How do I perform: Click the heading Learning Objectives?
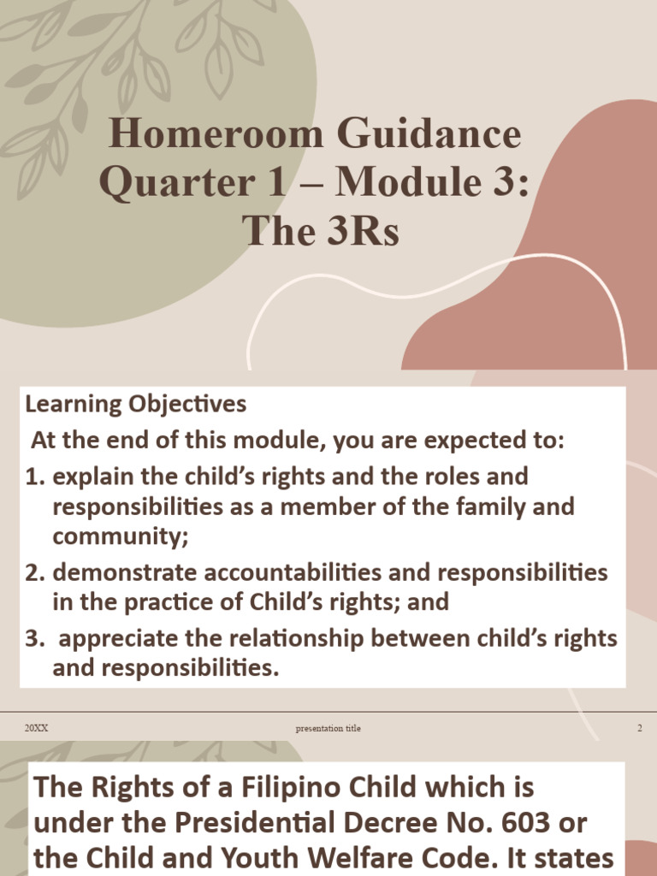click(135, 403)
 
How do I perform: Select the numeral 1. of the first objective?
click(35, 476)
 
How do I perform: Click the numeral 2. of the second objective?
click(35, 571)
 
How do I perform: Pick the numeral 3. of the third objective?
click(35, 638)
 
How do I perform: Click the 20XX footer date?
click(36, 728)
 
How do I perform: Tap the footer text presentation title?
click(328, 728)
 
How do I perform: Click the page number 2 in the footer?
click(639, 728)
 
